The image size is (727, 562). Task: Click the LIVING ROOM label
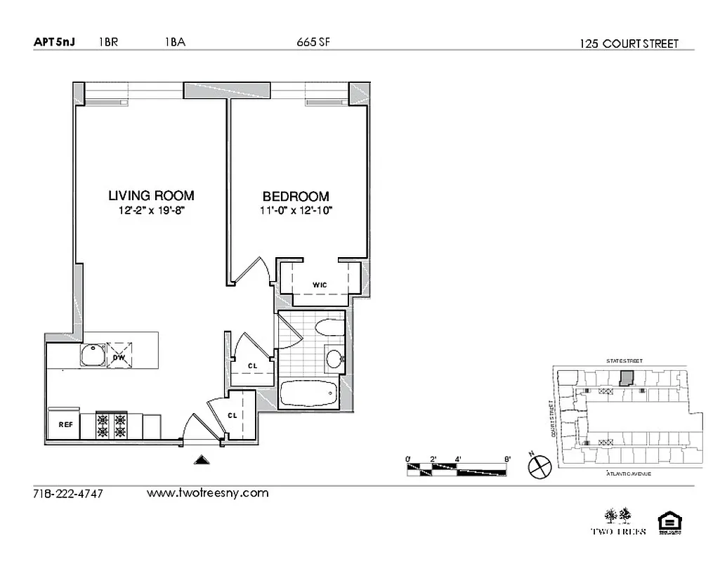coord(151,195)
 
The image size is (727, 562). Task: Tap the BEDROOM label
coord(296,197)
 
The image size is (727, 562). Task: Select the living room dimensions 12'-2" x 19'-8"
coord(150,210)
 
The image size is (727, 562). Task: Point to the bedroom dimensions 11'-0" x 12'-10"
coord(296,210)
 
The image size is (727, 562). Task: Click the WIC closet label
coord(320,285)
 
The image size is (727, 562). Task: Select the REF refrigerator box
coord(65,424)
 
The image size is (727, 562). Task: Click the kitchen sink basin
coord(92,355)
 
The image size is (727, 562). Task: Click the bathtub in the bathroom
coord(310,394)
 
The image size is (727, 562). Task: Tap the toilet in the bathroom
coord(329,328)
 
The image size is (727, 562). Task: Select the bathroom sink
coord(334,358)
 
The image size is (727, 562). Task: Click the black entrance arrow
coord(202,460)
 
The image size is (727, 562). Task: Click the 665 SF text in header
coord(313,42)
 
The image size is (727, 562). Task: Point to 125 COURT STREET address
coord(629,44)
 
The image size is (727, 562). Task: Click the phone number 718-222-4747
coord(68,494)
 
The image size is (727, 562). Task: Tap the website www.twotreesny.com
coord(207,493)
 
